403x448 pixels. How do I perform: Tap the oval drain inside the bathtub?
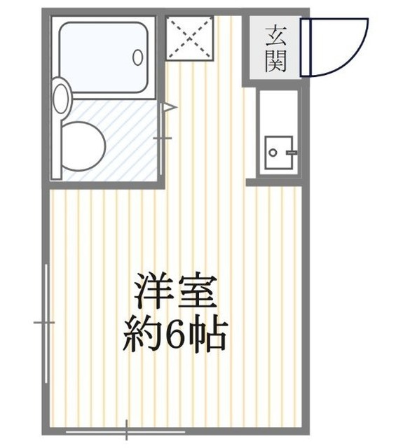(x=138, y=57)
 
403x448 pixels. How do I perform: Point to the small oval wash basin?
(x=61, y=99)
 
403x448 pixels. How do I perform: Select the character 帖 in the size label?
(x=208, y=337)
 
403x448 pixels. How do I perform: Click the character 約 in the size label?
(x=139, y=337)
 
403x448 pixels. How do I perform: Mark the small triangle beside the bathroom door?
(x=168, y=108)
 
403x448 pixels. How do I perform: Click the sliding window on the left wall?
(x=46, y=322)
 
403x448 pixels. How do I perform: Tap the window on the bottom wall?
(x=126, y=426)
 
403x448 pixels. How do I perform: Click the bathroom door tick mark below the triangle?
(x=163, y=138)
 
